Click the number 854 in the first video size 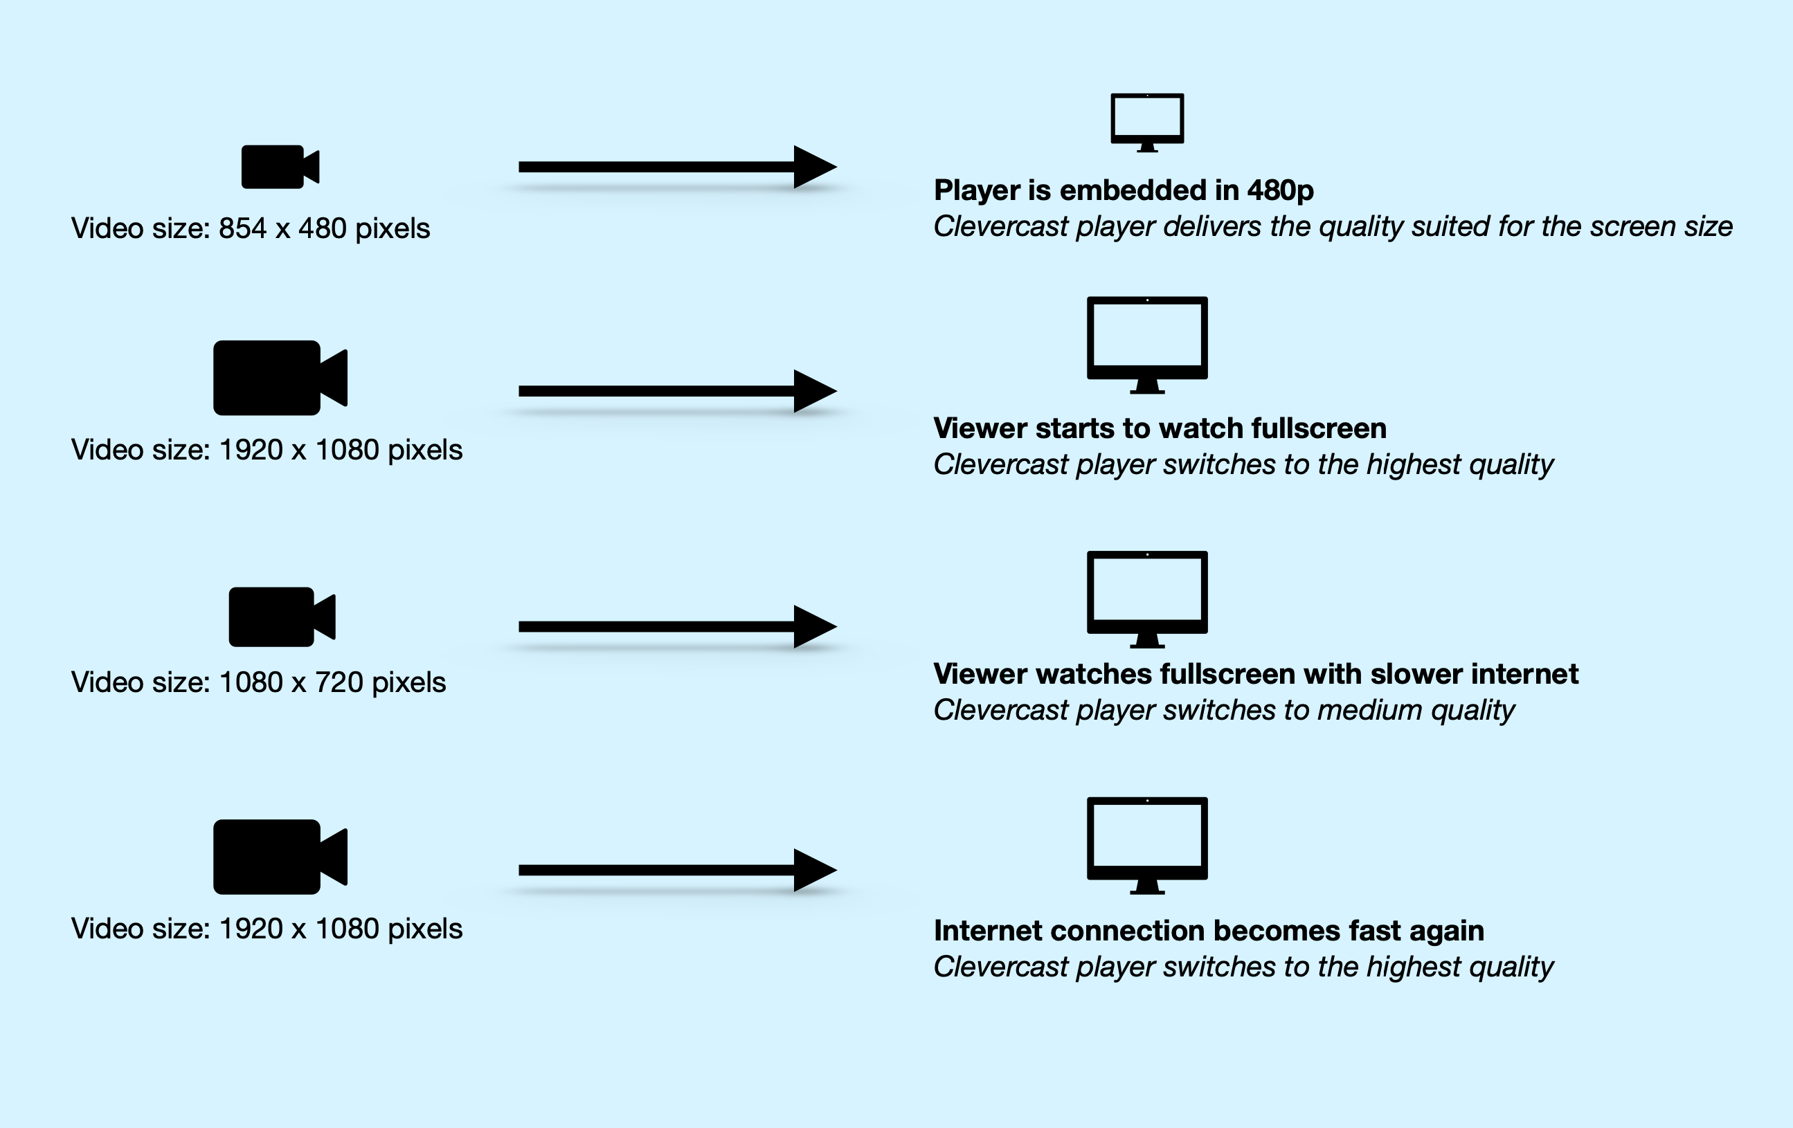click(242, 228)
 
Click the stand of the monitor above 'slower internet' click(1146, 640)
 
